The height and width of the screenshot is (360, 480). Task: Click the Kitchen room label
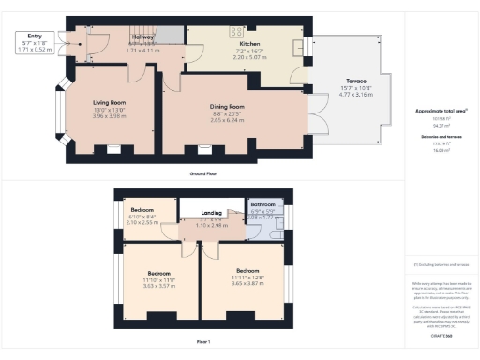249,44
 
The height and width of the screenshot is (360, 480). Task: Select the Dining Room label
227,107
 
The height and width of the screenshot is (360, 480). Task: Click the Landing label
212,213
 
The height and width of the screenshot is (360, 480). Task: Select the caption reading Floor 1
203,341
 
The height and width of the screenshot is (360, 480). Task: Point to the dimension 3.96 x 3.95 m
109,116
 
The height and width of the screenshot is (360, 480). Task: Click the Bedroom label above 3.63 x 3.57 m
158,273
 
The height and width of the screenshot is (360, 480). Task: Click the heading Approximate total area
441,111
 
